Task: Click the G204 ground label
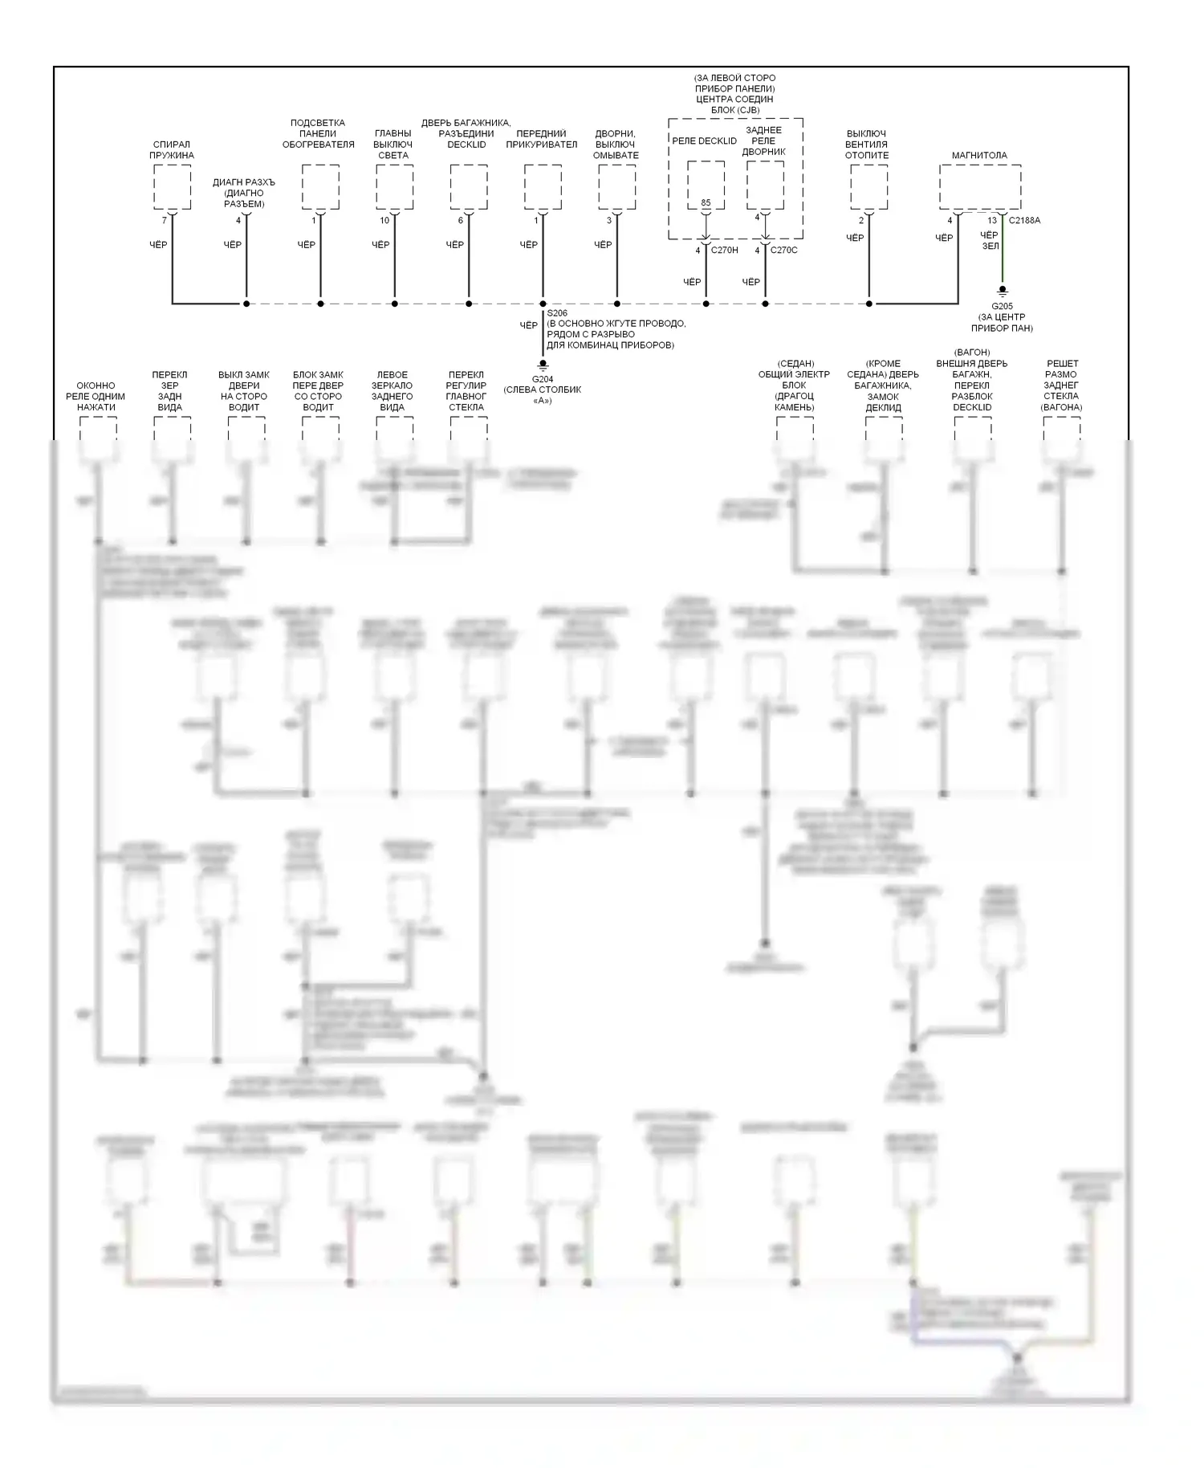pyautogui.click(x=543, y=379)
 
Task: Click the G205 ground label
pyautogui.click(x=1002, y=306)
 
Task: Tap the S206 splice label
pyautogui.click(x=557, y=313)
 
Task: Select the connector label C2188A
pyautogui.click(x=1024, y=220)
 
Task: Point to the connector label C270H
pyautogui.click(x=725, y=251)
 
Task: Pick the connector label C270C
pyautogui.click(x=784, y=251)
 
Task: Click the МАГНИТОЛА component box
pyautogui.click(x=980, y=186)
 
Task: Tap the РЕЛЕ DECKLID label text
pyautogui.click(x=704, y=141)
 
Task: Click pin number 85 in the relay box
pyautogui.click(x=706, y=203)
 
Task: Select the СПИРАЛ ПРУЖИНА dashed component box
pyautogui.click(x=172, y=186)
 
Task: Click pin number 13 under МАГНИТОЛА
pyautogui.click(x=992, y=220)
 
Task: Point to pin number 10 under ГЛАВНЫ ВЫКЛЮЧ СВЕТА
pyautogui.click(x=384, y=220)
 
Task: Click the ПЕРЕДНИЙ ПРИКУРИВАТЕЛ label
pyautogui.click(x=542, y=139)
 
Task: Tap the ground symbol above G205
pyautogui.click(x=1002, y=292)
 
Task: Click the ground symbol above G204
pyautogui.click(x=543, y=365)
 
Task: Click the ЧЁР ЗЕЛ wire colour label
pyautogui.click(x=990, y=241)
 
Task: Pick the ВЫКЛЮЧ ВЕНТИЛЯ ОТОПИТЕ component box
pyautogui.click(x=868, y=186)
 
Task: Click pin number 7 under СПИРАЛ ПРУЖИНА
pyautogui.click(x=165, y=220)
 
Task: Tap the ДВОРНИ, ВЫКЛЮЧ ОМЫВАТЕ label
pyautogui.click(x=616, y=145)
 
